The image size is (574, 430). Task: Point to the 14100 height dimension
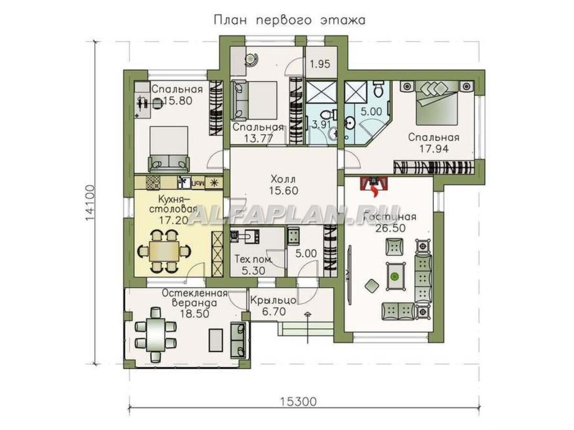point(90,203)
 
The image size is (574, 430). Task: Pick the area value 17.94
point(434,149)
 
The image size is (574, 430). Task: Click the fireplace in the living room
point(375,184)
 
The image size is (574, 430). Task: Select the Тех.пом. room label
point(253,259)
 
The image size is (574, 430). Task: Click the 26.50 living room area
point(393,228)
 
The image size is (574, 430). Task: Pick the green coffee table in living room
point(394,276)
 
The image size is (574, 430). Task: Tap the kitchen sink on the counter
point(185,182)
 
